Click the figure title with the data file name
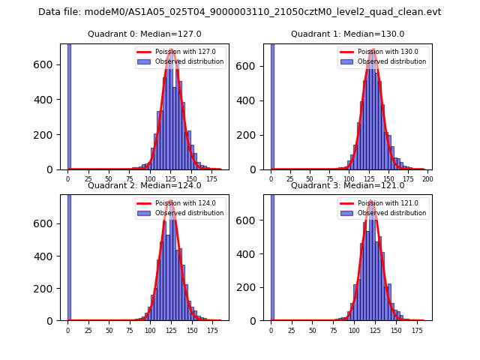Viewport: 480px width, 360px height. point(240,12)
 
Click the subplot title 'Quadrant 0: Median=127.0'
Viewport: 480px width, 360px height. point(145,34)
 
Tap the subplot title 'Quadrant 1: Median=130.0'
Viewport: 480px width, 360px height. point(348,34)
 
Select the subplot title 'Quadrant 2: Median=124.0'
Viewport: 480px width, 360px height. point(145,185)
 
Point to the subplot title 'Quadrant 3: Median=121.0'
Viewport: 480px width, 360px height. point(348,185)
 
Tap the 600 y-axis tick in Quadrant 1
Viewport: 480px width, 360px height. point(251,65)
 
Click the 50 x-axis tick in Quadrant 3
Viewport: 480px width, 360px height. point(312,331)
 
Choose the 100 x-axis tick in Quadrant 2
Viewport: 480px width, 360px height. point(150,331)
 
